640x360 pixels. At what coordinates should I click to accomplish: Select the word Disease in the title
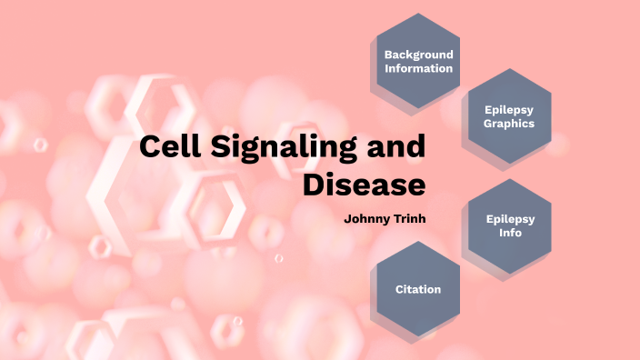(x=364, y=185)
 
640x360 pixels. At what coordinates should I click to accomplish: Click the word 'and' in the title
(x=396, y=148)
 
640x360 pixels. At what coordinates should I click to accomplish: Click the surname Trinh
(x=408, y=219)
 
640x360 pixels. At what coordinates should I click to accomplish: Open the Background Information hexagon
(x=418, y=61)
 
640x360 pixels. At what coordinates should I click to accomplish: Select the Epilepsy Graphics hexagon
(x=509, y=116)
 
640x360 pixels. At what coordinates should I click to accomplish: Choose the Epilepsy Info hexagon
(x=509, y=225)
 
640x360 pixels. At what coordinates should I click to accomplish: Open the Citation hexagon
(x=418, y=290)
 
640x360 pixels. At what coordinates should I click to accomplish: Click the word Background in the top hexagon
(x=418, y=54)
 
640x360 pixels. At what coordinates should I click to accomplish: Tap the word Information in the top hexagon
(x=418, y=68)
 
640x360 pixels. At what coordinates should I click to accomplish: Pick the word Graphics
(x=509, y=124)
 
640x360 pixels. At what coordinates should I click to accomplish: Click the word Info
(x=509, y=233)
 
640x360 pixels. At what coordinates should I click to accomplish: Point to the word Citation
(x=418, y=290)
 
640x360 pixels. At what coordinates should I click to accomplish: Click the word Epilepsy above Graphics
(x=509, y=109)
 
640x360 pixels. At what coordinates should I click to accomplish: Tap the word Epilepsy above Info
(x=509, y=218)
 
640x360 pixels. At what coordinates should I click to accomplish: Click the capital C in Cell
(x=151, y=148)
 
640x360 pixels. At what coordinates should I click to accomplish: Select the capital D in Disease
(x=315, y=185)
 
